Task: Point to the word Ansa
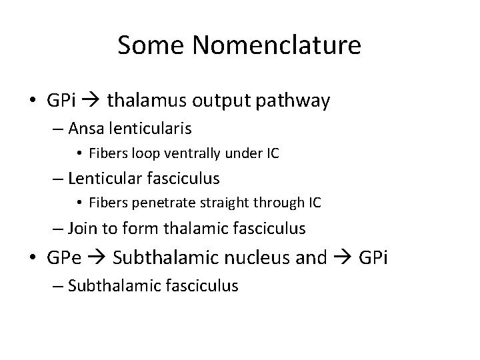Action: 85,128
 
